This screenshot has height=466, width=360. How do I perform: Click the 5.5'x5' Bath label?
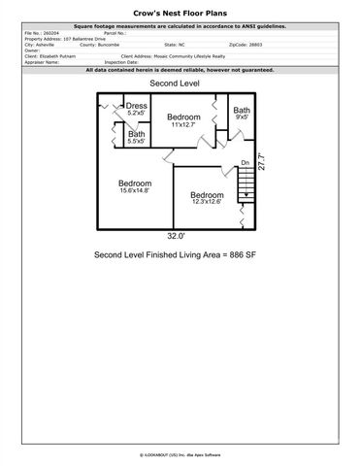click(x=137, y=138)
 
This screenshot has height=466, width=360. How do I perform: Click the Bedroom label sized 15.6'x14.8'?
click(x=134, y=187)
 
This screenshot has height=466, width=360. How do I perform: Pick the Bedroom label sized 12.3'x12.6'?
click(x=206, y=197)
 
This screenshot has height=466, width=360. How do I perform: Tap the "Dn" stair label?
click(x=245, y=162)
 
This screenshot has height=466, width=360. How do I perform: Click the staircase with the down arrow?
click(x=249, y=184)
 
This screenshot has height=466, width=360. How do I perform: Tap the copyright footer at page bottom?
click(x=180, y=453)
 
